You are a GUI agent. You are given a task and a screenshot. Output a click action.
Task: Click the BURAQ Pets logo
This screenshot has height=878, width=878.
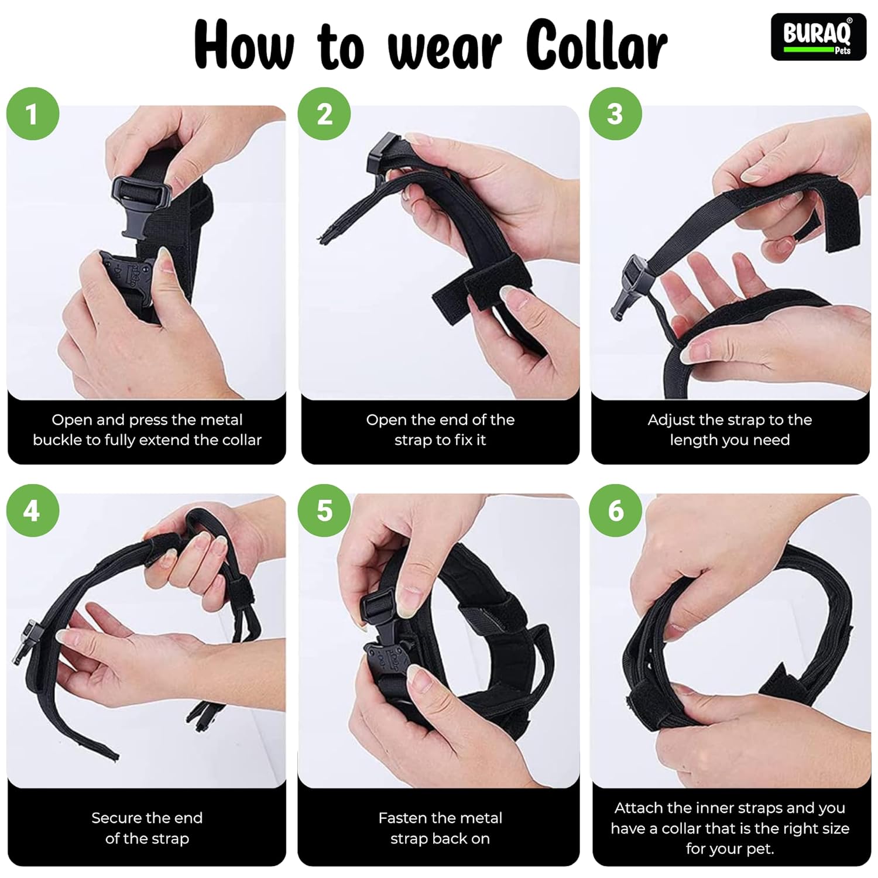[x=818, y=37]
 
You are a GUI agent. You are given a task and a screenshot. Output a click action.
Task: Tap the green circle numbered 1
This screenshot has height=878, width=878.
[x=33, y=114]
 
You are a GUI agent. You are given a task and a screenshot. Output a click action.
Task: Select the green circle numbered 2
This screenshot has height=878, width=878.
[x=324, y=114]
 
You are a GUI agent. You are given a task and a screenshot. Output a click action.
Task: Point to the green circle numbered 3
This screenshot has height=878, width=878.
[x=615, y=114]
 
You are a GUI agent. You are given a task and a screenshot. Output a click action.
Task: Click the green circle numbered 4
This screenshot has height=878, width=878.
[x=33, y=510]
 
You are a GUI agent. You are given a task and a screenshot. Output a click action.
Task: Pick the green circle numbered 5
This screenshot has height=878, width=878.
[x=324, y=510]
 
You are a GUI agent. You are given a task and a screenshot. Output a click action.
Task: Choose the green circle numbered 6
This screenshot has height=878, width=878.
[x=615, y=510]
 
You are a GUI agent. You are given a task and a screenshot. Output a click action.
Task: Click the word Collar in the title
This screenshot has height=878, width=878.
[x=596, y=44]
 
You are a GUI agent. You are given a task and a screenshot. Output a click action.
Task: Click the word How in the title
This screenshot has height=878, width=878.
[x=244, y=44]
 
